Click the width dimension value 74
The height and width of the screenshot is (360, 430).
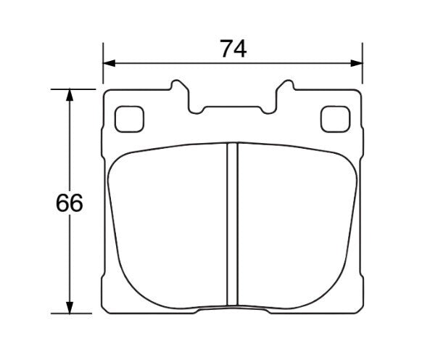point(233,49)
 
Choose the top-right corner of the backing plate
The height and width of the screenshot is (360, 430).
point(358,92)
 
